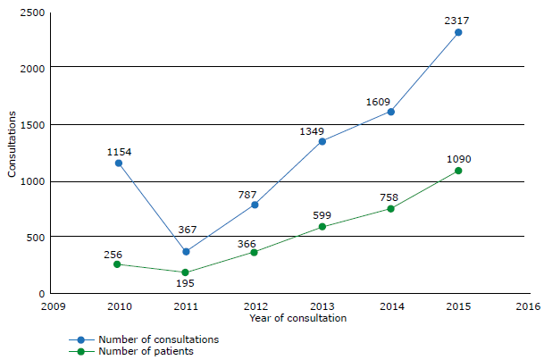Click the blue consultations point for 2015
pyautogui.click(x=458, y=32)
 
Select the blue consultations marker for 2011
pyautogui.click(x=186, y=252)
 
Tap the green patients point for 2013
pyautogui.click(x=322, y=227)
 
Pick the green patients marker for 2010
pyautogui.click(x=118, y=264)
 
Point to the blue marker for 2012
pyautogui.click(x=255, y=205)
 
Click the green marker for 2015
pyautogui.click(x=458, y=171)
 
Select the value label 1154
pyautogui.click(x=119, y=152)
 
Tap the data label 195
pyautogui.click(x=185, y=283)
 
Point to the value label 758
pyautogui.click(x=390, y=197)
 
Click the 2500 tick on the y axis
pyautogui.click(x=32, y=11)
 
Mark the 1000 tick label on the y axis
pyautogui.click(x=32, y=181)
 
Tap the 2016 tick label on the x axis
pyautogui.click(x=527, y=306)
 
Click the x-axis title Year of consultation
pyautogui.click(x=297, y=318)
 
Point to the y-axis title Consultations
pyautogui.click(x=13, y=143)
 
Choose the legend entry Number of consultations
pyautogui.click(x=158, y=339)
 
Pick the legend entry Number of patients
pyautogui.click(x=146, y=351)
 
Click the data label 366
pyautogui.click(x=247, y=244)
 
